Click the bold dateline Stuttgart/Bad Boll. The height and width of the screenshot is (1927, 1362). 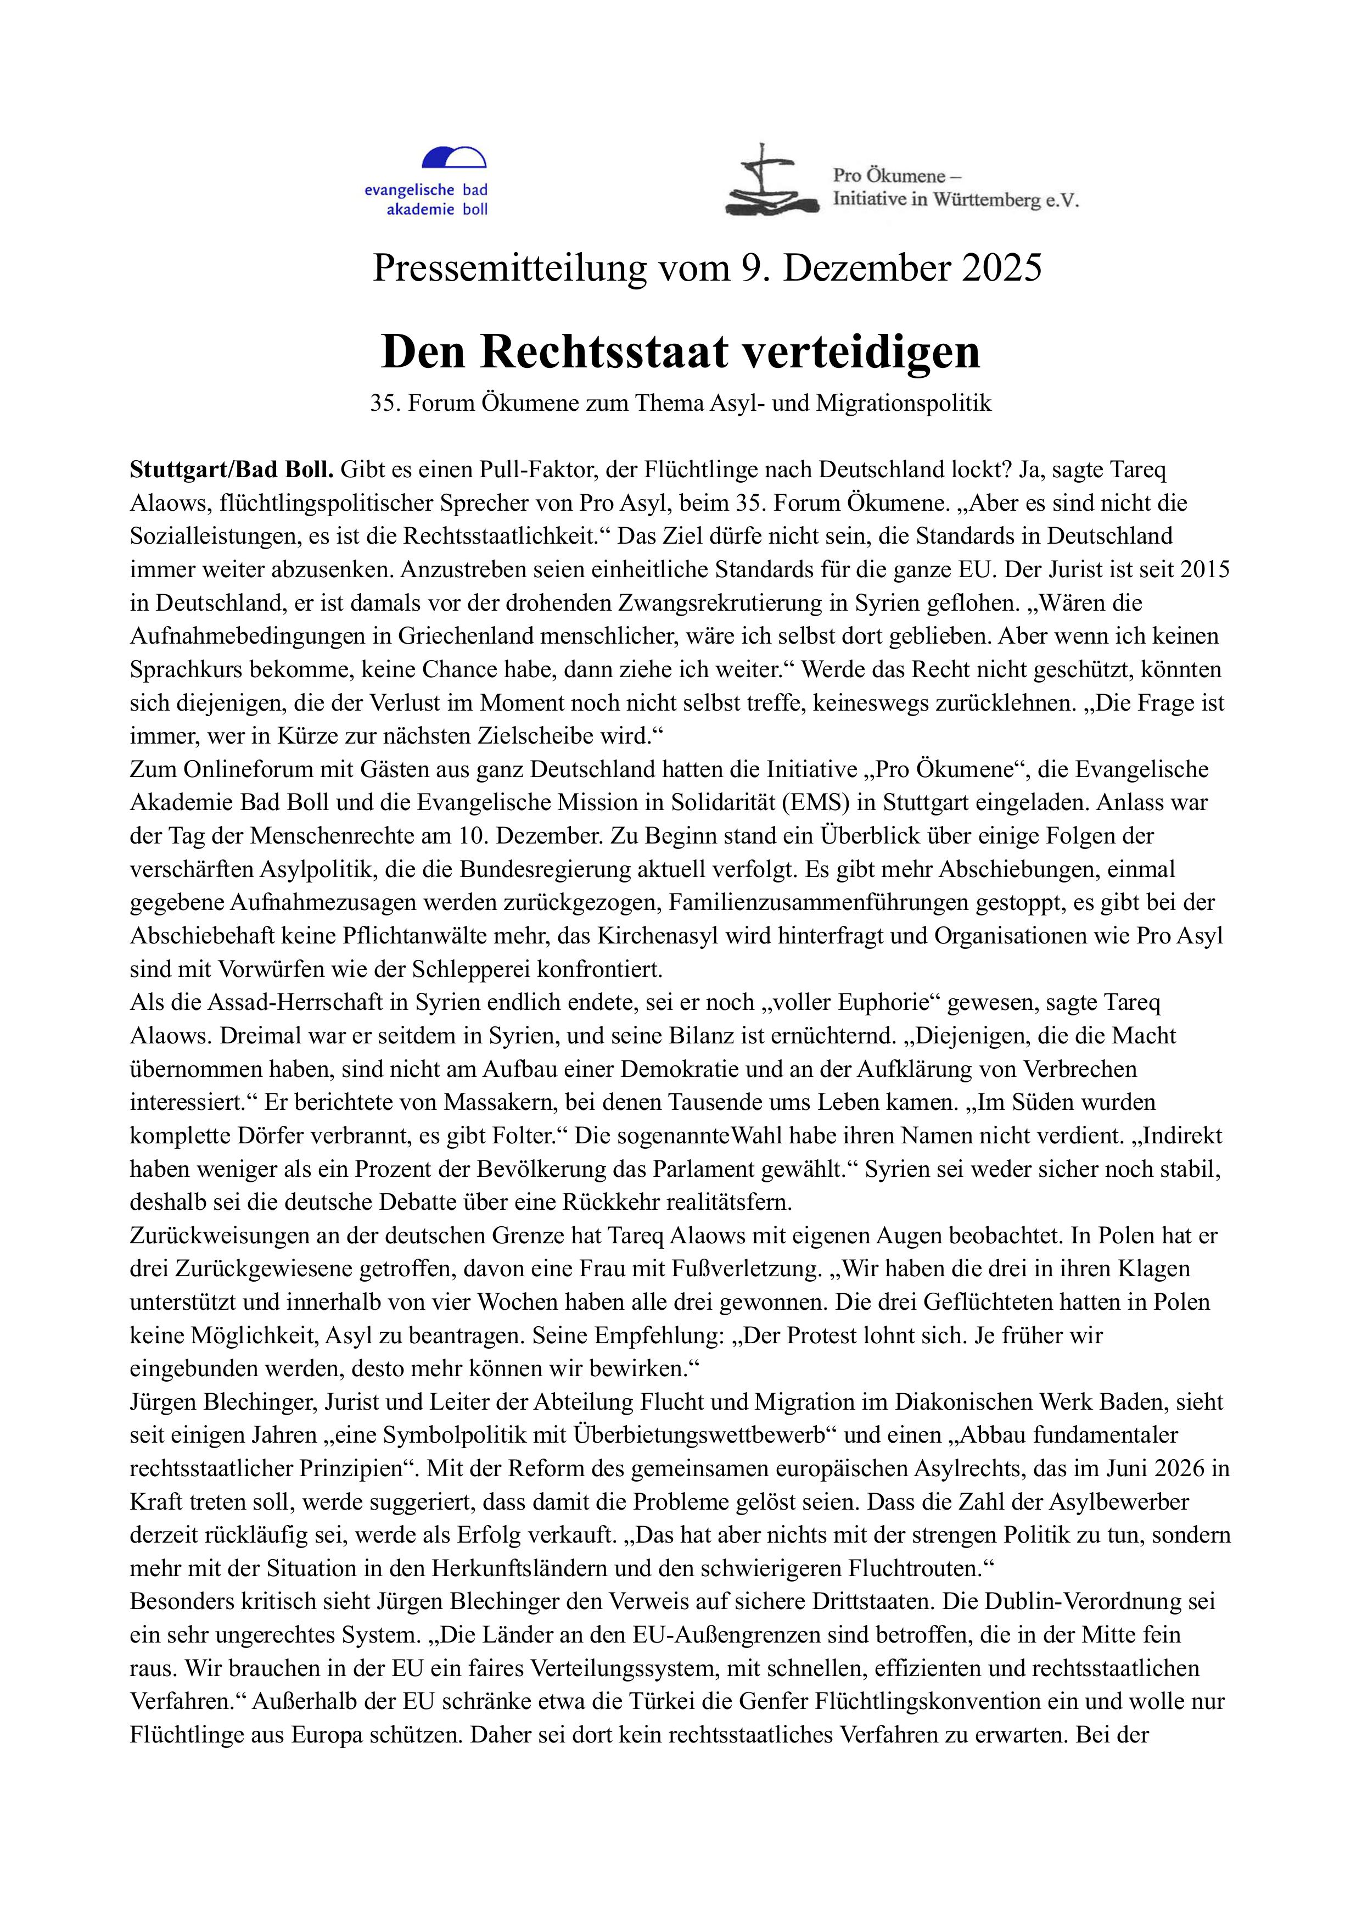click(x=232, y=470)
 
